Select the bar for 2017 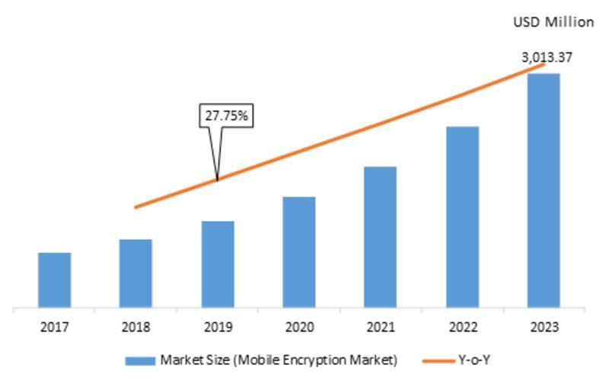click(x=55, y=280)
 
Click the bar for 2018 click(x=136, y=274)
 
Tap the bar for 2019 click(x=218, y=265)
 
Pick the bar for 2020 click(x=299, y=253)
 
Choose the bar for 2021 click(x=381, y=238)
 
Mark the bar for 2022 click(x=462, y=218)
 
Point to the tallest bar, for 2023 click(x=544, y=191)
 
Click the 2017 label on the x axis click(x=55, y=328)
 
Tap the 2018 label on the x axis click(x=136, y=328)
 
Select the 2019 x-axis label click(x=218, y=328)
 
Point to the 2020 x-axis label click(x=299, y=328)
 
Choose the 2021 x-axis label click(x=381, y=328)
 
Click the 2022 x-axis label click(x=462, y=328)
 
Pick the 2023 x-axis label click(x=544, y=328)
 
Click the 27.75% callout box click(x=226, y=116)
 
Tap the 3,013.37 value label click(x=547, y=57)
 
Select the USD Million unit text click(x=553, y=23)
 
